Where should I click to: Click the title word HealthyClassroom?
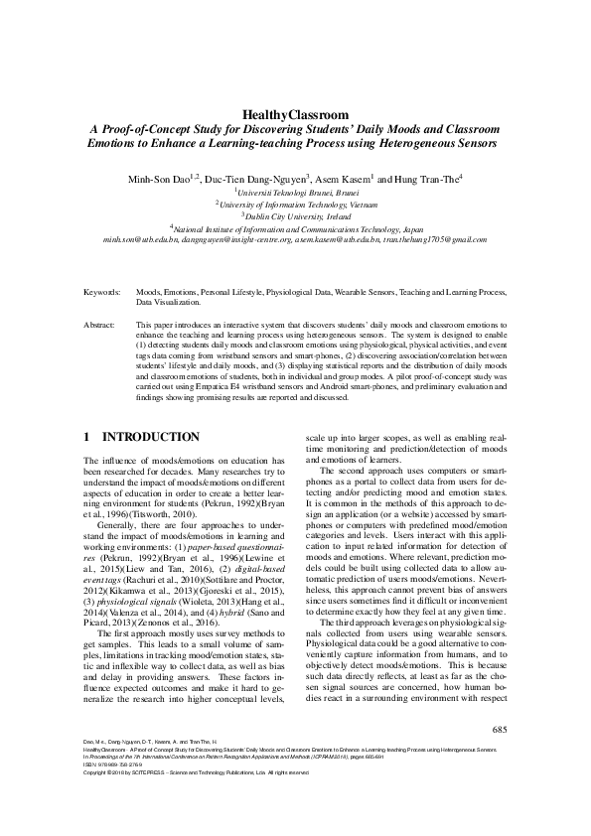point(295,114)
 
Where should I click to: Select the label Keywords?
point(102,295)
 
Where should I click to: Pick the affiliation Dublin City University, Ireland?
point(298,214)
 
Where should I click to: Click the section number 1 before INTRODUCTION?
point(87,437)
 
